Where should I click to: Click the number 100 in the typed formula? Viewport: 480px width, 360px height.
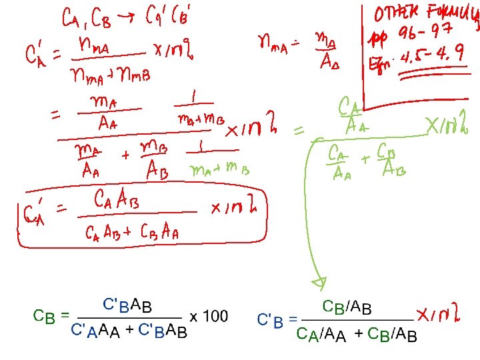point(215,316)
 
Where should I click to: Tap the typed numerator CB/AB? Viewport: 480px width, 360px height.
point(347,307)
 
